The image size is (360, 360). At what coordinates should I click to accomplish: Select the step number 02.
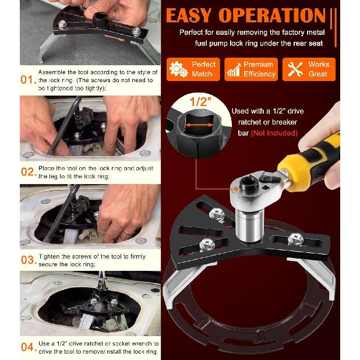[28, 172]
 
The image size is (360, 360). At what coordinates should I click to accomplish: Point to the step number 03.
[28, 260]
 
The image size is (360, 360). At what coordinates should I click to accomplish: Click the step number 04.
[28, 348]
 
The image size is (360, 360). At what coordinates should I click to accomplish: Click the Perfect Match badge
[193, 69]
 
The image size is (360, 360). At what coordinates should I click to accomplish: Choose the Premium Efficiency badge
[251, 69]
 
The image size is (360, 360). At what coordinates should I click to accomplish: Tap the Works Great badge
[309, 69]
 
